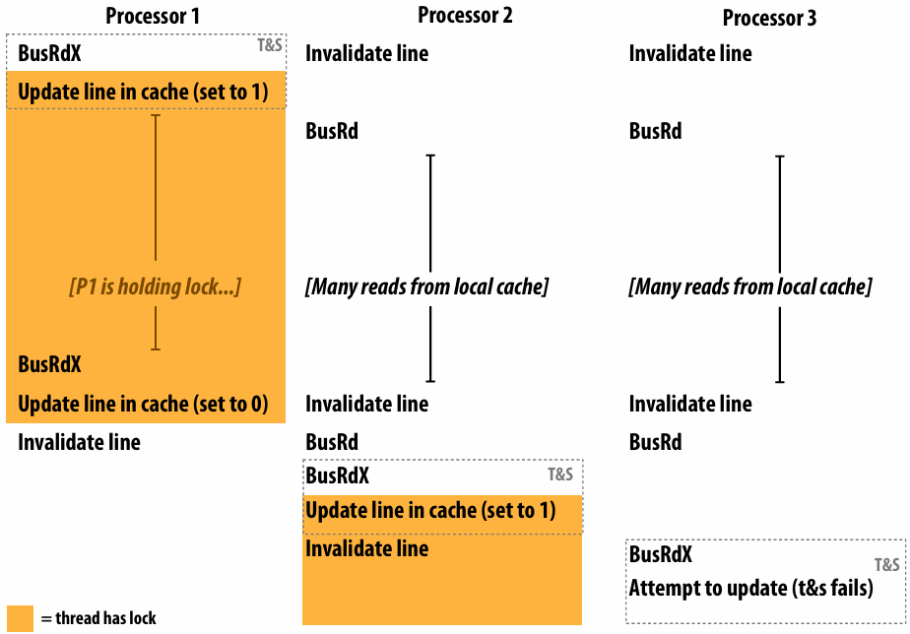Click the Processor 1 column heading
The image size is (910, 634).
tap(153, 16)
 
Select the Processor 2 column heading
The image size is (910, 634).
tap(466, 15)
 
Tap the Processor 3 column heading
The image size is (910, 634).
tap(769, 18)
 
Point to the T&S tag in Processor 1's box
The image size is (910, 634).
tap(270, 45)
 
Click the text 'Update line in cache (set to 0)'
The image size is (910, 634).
tap(143, 404)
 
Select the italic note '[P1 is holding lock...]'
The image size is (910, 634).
tap(155, 286)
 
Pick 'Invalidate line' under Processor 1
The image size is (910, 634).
tap(79, 442)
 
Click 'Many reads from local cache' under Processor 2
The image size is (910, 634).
tap(426, 286)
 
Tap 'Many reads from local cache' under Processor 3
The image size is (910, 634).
tap(750, 286)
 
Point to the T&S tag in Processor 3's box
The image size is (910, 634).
tap(887, 564)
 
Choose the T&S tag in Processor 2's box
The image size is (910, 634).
tap(560, 475)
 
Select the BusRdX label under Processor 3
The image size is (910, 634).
tap(661, 554)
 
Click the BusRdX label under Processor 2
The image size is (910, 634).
tap(337, 475)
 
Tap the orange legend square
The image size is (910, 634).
tap(20, 618)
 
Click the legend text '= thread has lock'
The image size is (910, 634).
tap(98, 618)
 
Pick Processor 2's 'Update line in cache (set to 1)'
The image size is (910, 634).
tap(430, 510)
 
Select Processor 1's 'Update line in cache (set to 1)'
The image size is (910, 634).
tap(143, 92)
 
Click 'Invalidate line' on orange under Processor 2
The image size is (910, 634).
tap(366, 548)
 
